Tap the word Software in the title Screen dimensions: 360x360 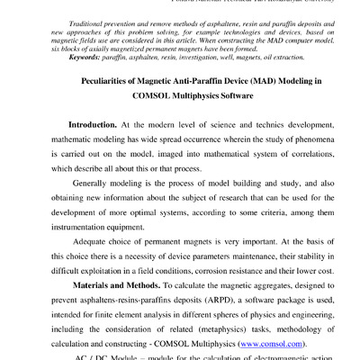252,98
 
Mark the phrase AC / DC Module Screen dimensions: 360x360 85,356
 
